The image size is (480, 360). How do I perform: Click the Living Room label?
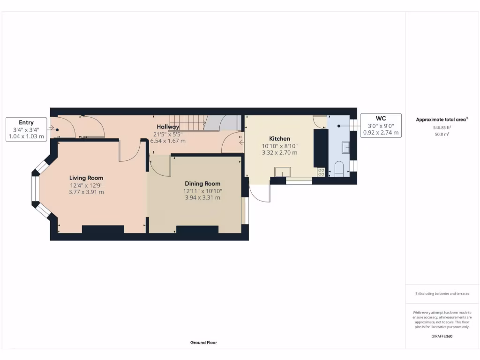[86, 178]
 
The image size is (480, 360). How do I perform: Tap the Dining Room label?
[202, 184]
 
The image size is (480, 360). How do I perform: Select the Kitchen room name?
[279, 139]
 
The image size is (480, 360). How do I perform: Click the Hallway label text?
[168, 127]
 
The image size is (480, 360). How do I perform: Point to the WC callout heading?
[381, 119]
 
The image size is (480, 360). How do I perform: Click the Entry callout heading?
[26, 123]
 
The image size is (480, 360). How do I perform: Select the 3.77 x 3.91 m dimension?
[86, 192]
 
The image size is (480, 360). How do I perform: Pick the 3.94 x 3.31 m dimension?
[202, 197]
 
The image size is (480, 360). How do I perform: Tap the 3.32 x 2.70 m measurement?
[279, 152]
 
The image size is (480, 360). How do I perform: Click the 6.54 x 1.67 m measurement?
[168, 141]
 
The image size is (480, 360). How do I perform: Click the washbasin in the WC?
[346, 148]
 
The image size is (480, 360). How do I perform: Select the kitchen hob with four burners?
[321, 172]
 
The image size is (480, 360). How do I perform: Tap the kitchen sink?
[283, 171]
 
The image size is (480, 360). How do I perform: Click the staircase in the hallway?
[192, 124]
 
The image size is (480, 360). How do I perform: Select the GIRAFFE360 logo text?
[442, 336]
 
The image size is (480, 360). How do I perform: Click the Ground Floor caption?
[203, 343]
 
